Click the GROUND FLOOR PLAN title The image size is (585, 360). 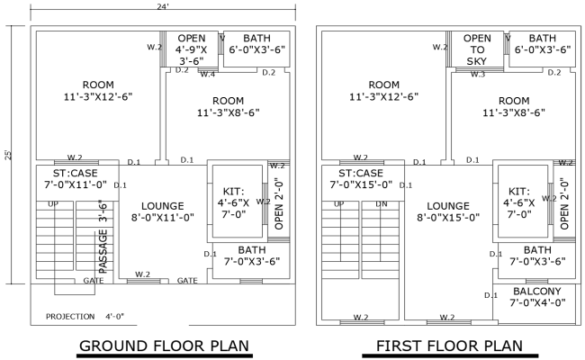coord(164,346)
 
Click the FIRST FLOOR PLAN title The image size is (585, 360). coord(449,346)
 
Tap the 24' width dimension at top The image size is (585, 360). coord(164,6)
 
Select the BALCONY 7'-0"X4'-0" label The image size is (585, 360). coord(536,297)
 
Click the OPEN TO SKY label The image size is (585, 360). coord(477,49)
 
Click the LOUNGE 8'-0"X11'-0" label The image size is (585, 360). coord(163,211)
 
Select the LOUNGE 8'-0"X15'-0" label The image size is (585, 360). coord(448,211)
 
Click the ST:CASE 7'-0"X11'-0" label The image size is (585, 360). coord(73,178)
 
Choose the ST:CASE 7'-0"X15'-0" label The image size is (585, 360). coord(358,178)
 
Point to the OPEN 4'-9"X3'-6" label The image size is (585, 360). coord(192,50)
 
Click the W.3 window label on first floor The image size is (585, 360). coord(478,74)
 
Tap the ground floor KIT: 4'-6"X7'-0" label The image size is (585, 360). coord(236,202)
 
